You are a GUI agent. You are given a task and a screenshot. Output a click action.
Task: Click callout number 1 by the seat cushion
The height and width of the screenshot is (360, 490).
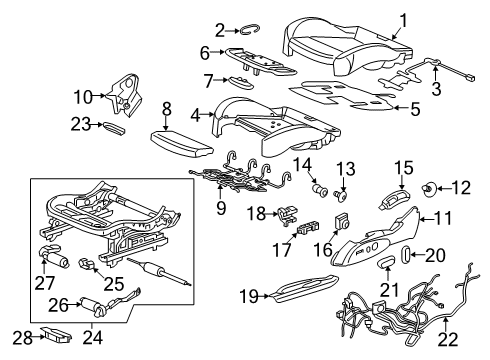404,19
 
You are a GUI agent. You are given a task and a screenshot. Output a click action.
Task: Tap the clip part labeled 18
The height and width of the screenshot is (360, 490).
287,212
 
